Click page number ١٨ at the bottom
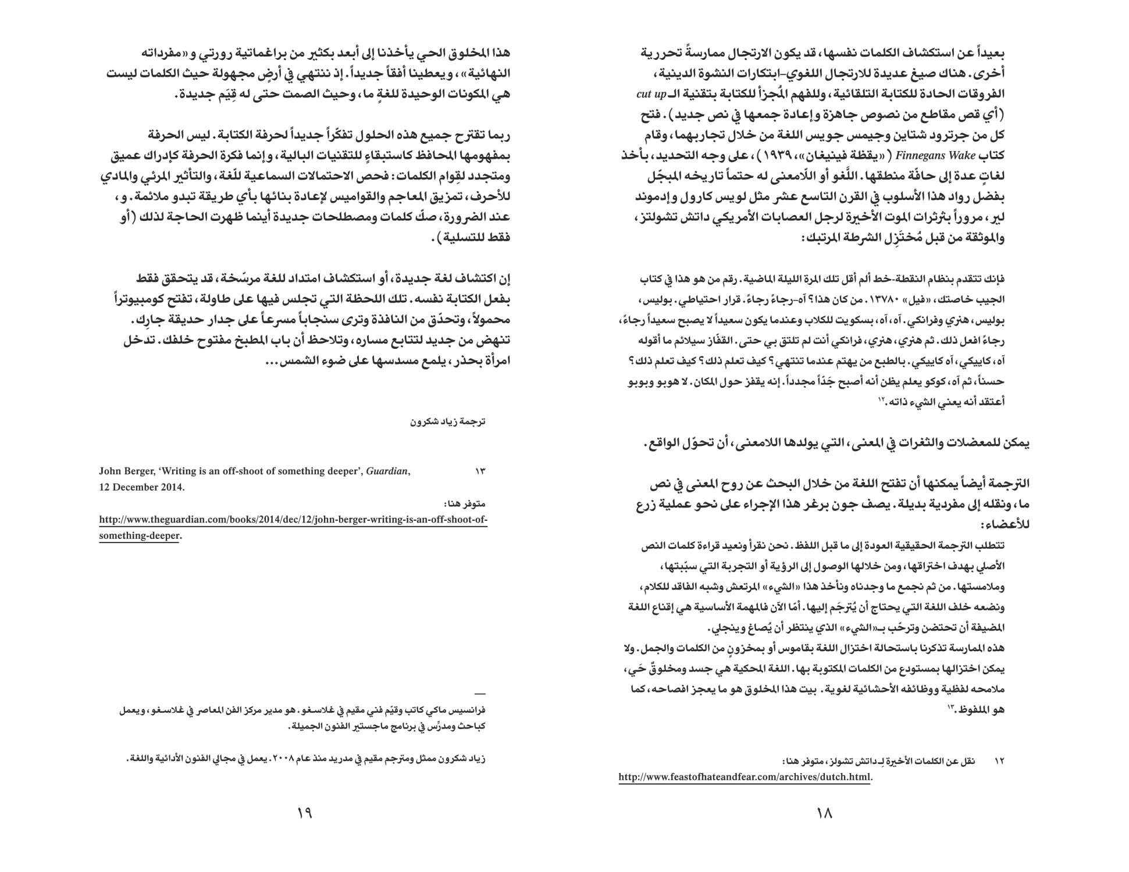825,813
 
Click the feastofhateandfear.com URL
745,777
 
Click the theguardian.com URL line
293,519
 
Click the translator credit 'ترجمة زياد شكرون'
448,421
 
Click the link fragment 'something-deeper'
139,535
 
